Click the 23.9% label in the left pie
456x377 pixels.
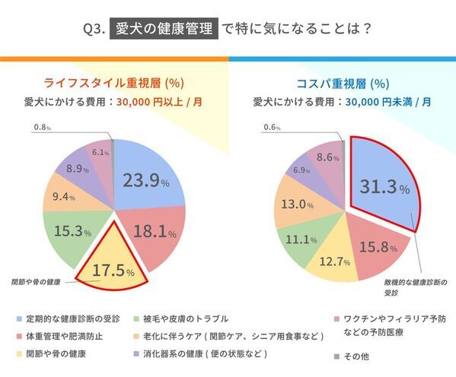click(142, 182)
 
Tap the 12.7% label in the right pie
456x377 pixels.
click(335, 262)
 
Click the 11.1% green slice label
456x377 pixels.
click(303, 239)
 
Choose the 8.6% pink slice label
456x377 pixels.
click(329, 157)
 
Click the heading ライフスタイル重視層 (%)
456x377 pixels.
click(114, 83)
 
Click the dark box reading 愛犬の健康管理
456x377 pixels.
click(164, 30)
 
